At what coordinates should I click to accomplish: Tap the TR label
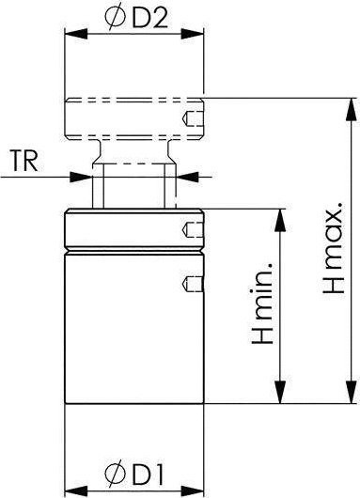(x=23, y=162)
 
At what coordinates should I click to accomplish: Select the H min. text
(x=262, y=303)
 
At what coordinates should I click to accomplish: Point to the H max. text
(x=334, y=247)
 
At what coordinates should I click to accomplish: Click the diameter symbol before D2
(x=115, y=19)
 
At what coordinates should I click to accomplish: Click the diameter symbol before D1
(x=115, y=474)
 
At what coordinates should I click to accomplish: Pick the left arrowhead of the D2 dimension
(x=76, y=34)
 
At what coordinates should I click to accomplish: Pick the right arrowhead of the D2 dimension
(x=193, y=34)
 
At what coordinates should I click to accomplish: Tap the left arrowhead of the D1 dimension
(x=76, y=490)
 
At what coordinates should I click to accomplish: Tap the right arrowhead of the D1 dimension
(x=193, y=490)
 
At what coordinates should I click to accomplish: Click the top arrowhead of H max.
(x=351, y=109)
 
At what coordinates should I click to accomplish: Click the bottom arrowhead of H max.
(x=351, y=392)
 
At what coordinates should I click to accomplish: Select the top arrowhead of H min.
(x=280, y=220)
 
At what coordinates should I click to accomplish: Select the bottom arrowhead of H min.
(x=280, y=392)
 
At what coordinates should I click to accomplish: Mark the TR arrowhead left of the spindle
(x=81, y=177)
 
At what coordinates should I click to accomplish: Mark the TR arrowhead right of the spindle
(x=187, y=177)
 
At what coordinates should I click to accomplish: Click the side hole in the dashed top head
(x=193, y=118)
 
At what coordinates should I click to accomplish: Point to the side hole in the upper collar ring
(x=193, y=229)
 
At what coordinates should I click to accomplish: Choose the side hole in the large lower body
(x=193, y=285)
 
